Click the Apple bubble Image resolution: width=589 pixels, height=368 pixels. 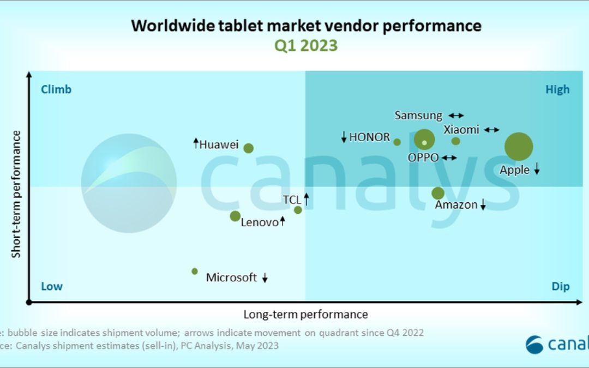coord(518,146)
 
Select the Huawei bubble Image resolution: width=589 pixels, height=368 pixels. coord(248,148)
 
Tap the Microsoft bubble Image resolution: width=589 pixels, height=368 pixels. coord(195,271)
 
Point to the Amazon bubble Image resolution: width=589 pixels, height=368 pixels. coord(438,193)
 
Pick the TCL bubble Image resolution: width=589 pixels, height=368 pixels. coord(298,210)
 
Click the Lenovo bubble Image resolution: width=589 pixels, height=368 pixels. coord(235,216)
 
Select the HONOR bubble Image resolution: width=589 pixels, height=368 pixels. coord(397,142)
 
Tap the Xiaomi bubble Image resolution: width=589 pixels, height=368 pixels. coord(456,141)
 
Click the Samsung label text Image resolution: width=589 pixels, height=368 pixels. coord(418,116)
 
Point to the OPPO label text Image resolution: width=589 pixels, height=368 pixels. coord(423,158)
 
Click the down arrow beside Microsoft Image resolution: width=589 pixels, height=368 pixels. coord(265,278)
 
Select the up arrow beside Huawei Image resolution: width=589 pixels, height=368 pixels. coord(196,143)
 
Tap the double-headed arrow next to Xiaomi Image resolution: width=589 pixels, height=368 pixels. coord(491,130)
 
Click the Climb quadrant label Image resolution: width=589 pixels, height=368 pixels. coord(56,89)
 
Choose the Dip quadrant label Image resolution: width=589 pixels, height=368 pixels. coord(560,287)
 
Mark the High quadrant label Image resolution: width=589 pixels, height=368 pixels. coord(557,89)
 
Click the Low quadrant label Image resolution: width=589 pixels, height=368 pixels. coord(52,287)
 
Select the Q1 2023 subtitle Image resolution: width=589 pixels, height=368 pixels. coord(305,45)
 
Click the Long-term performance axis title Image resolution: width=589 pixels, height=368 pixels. coord(305,315)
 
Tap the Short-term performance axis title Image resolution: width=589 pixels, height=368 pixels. coord(16,194)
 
